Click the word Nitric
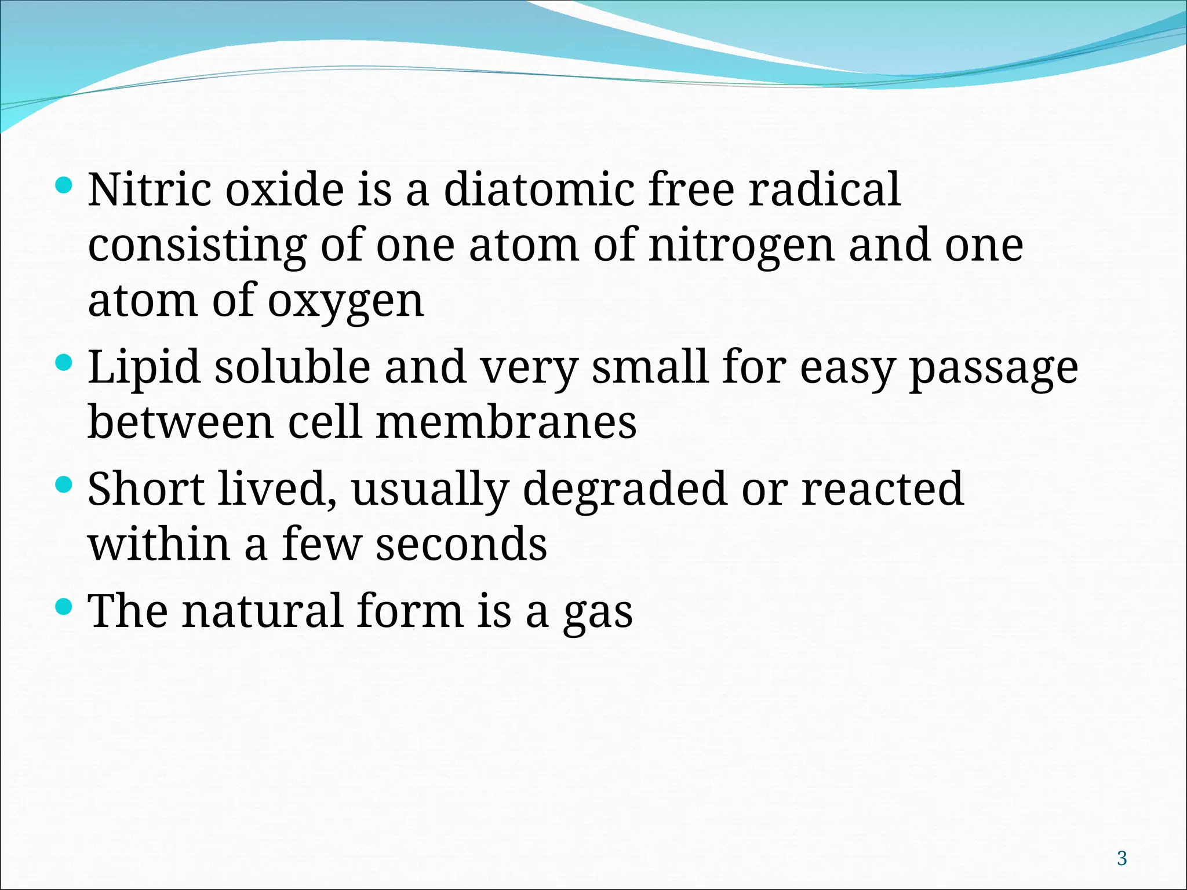[150, 189]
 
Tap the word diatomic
[538, 189]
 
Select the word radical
[824, 189]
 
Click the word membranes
[506, 422]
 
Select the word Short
[146, 489]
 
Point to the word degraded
[625, 490]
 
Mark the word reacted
[883, 489]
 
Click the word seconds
[461, 545]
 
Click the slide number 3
[1122, 858]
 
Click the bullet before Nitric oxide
[64, 186]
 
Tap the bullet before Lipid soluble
[64, 363]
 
